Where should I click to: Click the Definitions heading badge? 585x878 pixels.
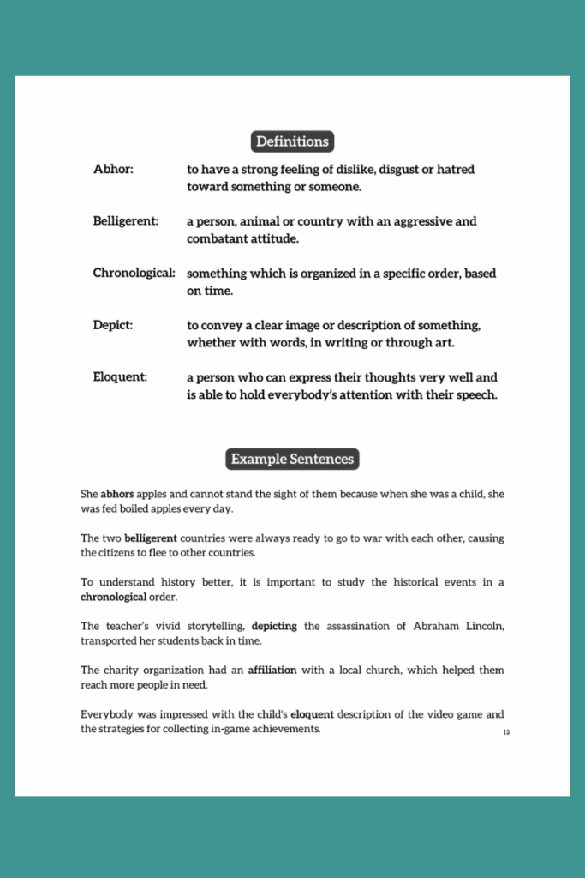point(292,141)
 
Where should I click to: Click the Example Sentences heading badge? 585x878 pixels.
point(292,459)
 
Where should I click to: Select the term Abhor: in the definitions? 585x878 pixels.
point(113,170)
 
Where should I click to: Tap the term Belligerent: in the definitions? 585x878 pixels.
point(125,221)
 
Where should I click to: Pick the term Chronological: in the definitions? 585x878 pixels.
point(134,274)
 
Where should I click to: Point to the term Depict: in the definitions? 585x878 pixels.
point(113,326)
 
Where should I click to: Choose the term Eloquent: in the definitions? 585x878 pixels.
point(120,377)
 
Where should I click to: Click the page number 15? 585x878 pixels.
point(506,732)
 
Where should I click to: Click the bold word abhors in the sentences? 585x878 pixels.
point(118,495)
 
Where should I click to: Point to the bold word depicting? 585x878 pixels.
point(274,626)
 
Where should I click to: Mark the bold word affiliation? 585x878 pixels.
point(272,670)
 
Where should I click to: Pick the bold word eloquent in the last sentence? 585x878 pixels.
point(313,713)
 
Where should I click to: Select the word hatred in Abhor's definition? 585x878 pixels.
point(453,170)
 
